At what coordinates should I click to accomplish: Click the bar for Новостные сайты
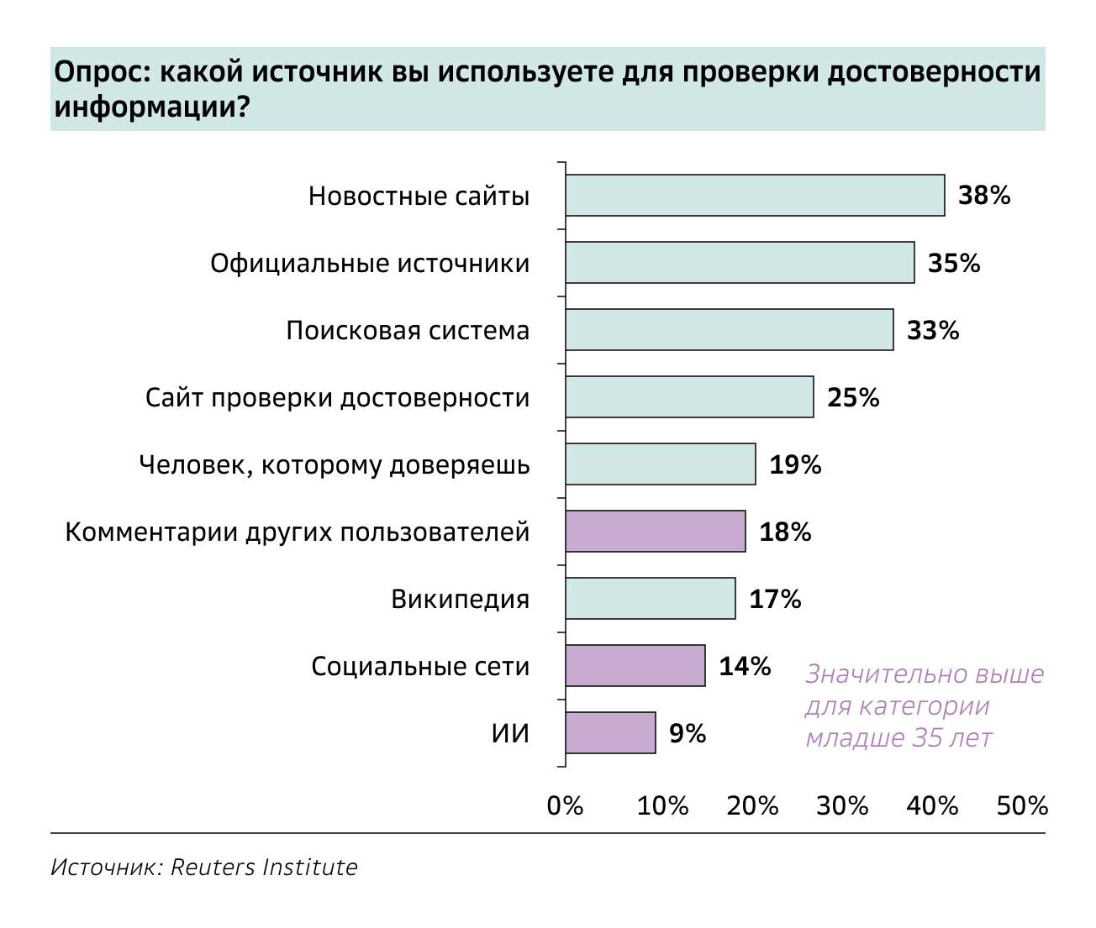[755, 196]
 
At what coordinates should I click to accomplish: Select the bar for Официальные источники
[740, 263]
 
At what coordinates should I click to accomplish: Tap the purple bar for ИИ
[610, 733]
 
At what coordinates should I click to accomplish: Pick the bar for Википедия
[651, 599]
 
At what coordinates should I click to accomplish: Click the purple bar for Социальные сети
[635, 666]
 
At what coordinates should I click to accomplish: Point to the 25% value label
[853, 398]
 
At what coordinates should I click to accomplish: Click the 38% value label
[984, 197]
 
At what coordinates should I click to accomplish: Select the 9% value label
[688, 734]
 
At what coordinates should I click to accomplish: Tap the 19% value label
[795, 465]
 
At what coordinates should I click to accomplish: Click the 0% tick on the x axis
[565, 806]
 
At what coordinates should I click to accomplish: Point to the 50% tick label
[1022, 806]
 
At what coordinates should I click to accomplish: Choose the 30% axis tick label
[842, 806]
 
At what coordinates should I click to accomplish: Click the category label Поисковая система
[408, 331]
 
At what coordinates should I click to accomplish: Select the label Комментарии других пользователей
[298, 532]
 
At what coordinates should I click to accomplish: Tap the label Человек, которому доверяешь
[335, 465]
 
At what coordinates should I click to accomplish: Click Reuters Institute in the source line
[264, 868]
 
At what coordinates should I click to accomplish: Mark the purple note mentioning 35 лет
[924, 706]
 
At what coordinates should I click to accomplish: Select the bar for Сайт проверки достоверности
[689, 397]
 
